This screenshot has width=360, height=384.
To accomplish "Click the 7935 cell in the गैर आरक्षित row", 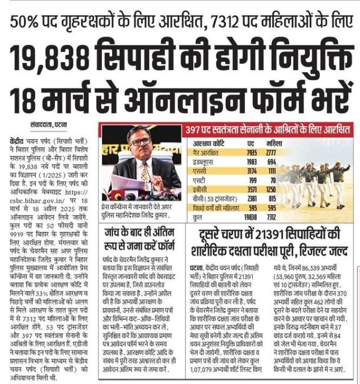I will coord(251,154).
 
